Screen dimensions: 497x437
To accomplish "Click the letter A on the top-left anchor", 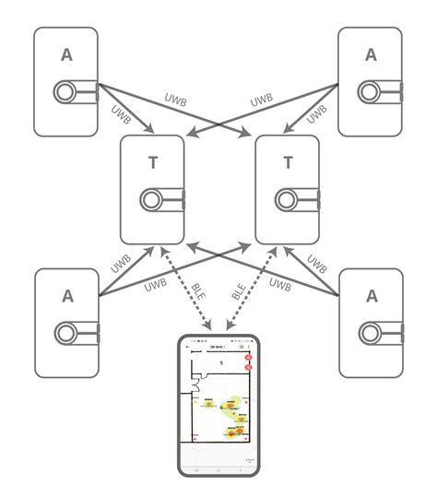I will coord(65,54).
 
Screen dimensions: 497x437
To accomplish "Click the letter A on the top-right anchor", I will coord(371,54).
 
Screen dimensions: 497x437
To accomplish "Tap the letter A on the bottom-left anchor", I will coord(65,296).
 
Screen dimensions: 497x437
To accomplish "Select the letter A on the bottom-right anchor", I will coord(371,296).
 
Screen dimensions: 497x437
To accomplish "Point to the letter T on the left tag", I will coord(152,163).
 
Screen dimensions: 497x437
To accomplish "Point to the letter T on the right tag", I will coord(288,163).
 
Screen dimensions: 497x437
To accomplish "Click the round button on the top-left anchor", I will coord(65,91).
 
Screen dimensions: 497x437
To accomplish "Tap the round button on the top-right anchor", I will coord(371,91).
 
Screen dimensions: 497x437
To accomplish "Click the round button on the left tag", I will coord(152,199).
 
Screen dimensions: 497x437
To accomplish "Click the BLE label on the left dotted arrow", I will coord(199,293).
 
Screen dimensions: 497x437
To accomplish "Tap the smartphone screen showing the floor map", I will coord(218,406).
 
